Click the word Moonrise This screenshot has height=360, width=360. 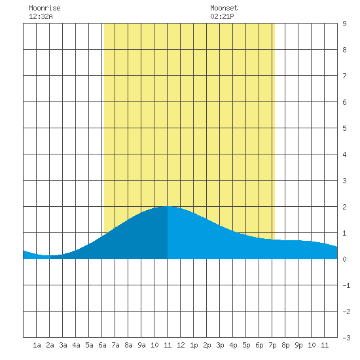click(x=45, y=8)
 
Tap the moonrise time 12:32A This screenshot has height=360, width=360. click(x=41, y=16)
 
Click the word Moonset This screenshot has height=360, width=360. click(x=224, y=8)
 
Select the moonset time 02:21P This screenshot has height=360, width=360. click(x=222, y=16)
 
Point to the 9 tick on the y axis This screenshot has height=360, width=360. click(x=344, y=24)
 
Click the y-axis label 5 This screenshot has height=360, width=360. click(x=344, y=128)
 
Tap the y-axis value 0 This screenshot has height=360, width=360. click(x=344, y=259)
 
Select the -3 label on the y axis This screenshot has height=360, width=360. click(x=346, y=338)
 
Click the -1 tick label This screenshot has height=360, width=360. click(x=346, y=285)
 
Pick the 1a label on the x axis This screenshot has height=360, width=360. click(x=37, y=345)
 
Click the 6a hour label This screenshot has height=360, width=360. click(x=102, y=345)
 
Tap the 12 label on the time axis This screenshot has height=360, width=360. click(x=181, y=345)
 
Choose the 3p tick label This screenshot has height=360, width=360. click(x=220, y=345)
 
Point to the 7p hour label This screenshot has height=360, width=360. click(x=272, y=345)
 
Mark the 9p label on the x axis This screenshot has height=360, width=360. click(x=298, y=345)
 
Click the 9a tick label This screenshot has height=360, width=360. click(x=141, y=345)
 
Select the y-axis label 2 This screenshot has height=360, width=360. click(x=344, y=207)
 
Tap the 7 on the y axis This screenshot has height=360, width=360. click(x=344, y=76)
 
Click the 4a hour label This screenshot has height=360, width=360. click(x=76, y=345)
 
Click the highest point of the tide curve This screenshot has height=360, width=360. click(x=168, y=206)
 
